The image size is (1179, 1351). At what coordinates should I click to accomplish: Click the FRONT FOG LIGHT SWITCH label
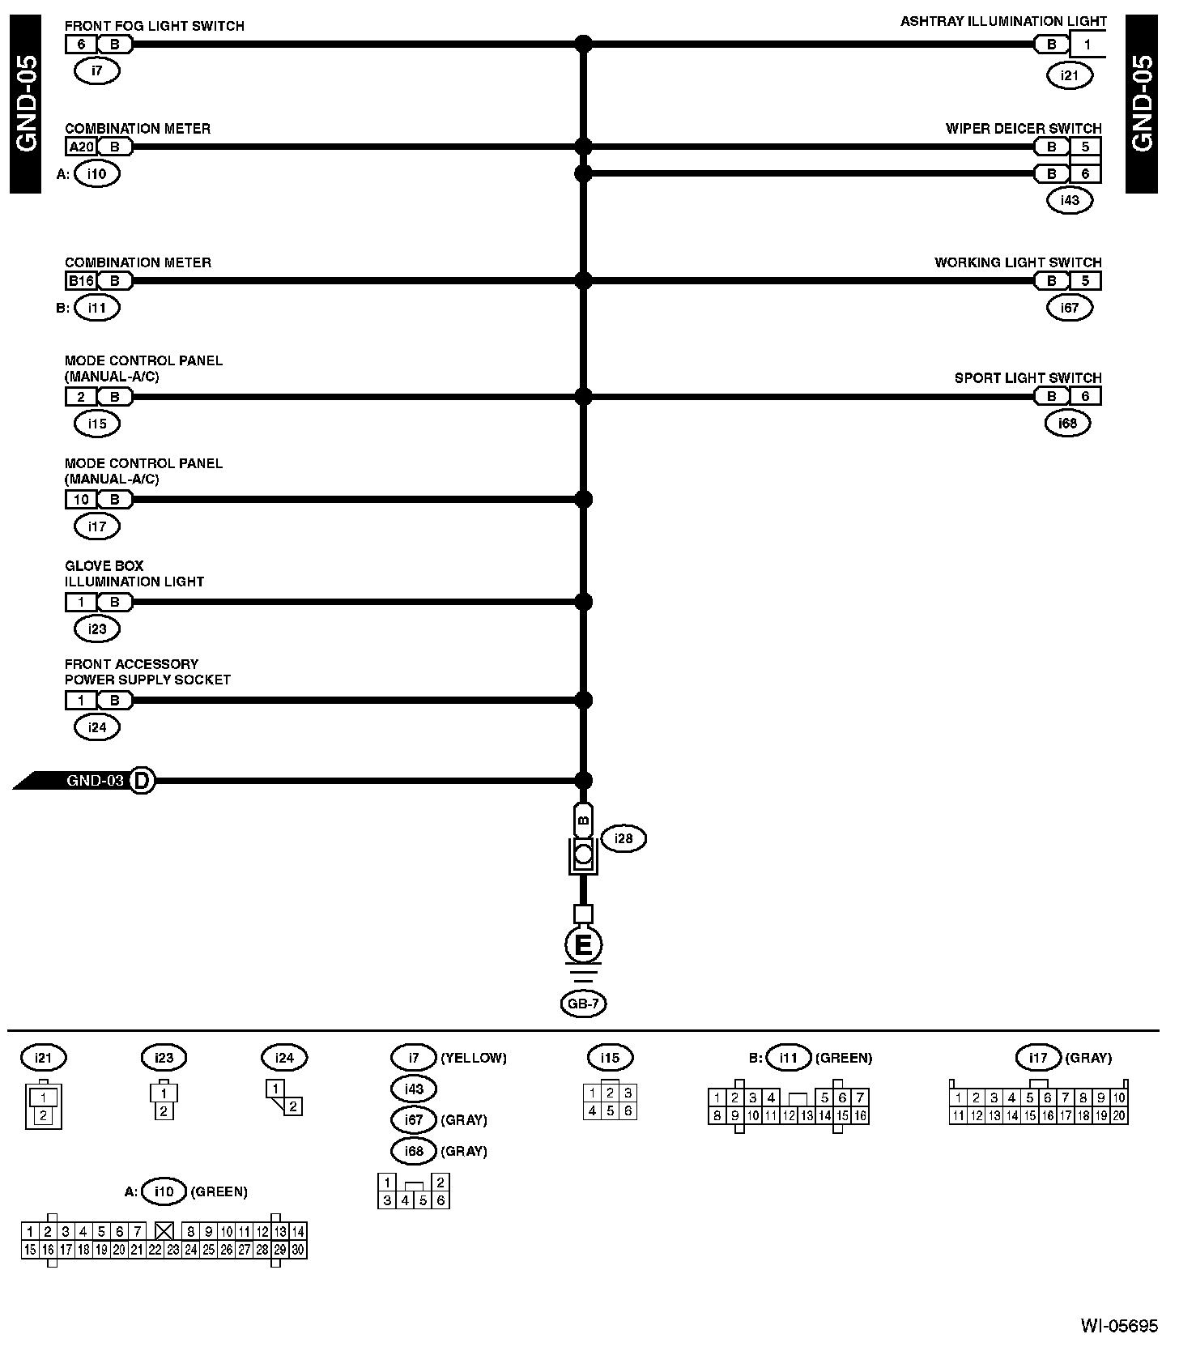(x=154, y=26)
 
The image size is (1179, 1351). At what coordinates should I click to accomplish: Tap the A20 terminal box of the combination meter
(x=81, y=147)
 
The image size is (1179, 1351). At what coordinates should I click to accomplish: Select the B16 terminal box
(x=81, y=281)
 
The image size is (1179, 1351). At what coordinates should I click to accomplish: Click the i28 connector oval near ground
(x=624, y=838)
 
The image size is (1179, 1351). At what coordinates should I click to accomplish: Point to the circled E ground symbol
(x=583, y=944)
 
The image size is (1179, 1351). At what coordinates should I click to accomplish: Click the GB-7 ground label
(x=583, y=1004)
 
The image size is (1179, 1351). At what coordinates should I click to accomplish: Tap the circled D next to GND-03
(x=142, y=781)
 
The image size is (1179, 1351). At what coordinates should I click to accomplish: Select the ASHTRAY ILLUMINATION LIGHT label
(x=1003, y=22)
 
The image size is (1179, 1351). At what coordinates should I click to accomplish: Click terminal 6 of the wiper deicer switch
(x=1086, y=173)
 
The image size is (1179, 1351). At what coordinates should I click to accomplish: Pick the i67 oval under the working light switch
(x=1070, y=308)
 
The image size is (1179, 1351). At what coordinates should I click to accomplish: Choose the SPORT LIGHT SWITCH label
(x=1028, y=378)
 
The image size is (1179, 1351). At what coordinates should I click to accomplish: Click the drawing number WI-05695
(x=1119, y=1326)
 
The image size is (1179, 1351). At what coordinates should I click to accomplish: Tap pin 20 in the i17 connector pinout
(x=1119, y=1115)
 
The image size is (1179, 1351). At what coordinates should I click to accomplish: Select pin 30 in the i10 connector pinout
(x=298, y=1250)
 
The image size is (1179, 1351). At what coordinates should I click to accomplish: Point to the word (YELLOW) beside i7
(x=474, y=1058)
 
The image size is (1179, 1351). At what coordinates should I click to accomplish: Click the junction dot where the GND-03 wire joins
(x=583, y=781)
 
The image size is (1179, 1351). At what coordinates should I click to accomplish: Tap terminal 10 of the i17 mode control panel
(x=81, y=500)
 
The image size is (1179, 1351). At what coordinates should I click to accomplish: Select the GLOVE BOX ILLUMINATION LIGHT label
(x=134, y=573)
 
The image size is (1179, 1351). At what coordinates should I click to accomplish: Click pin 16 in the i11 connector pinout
(x=860, y=1115)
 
